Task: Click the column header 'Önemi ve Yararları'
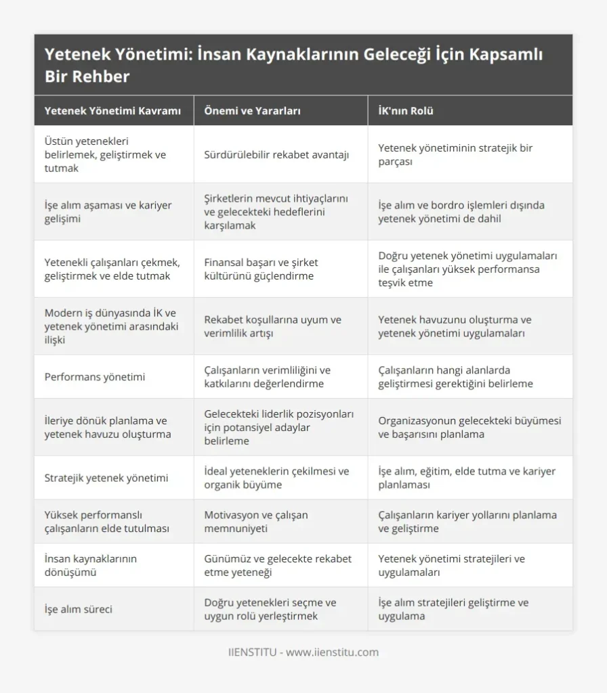click(252, 111)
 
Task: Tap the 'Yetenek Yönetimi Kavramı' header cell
click(112, 111)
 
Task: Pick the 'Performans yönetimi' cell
click(95, 376)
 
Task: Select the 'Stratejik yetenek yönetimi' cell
click(106, 478)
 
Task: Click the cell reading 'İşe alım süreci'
click(79, 609)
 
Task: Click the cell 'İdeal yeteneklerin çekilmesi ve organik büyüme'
click(276, 478)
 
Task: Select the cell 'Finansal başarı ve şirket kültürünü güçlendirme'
click(261, 269)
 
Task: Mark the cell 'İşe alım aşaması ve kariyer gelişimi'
click(108, 211)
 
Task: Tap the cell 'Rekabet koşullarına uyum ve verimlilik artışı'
click(272, 326)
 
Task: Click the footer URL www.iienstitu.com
click(332, 652)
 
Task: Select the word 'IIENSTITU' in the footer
click(251, 652)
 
